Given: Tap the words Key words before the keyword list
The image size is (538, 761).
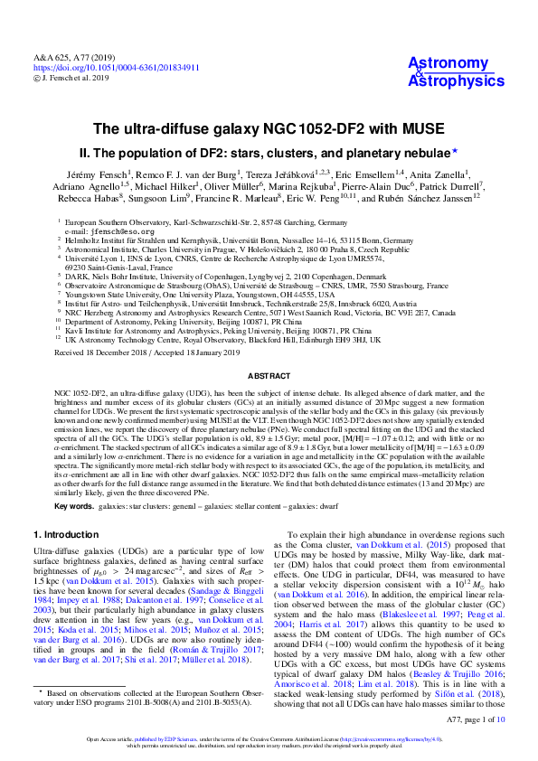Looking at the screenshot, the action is tap(72, 506).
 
